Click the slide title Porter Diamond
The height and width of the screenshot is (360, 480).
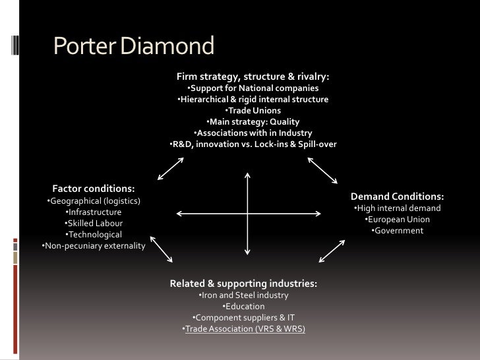pos(134,46)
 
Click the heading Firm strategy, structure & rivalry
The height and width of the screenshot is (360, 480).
pos(253,77)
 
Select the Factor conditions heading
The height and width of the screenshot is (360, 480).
pos(94,189)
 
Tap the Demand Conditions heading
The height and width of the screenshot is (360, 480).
pos(397,196)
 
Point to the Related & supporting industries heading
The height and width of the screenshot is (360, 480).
pos(243,284)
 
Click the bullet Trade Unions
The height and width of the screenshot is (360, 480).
pos(253,111)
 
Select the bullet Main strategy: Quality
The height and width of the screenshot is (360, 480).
pos(253,122)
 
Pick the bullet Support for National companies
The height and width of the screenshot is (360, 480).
pos(253,88)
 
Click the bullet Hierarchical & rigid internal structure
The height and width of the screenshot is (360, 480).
pos(253,100)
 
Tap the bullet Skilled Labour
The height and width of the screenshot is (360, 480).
pos(94,224)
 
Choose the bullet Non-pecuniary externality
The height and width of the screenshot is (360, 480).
pos(94,246)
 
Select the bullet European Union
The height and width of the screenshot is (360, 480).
pos(397,220)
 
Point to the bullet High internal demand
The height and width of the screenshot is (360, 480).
pos(397,208)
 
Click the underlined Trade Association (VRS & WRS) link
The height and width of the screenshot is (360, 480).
pos(245,328)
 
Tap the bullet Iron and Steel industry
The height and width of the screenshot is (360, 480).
pos(243,295)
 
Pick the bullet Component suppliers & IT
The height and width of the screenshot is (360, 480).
pos(243,317)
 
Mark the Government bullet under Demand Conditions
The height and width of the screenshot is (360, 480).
pos(397,231)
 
